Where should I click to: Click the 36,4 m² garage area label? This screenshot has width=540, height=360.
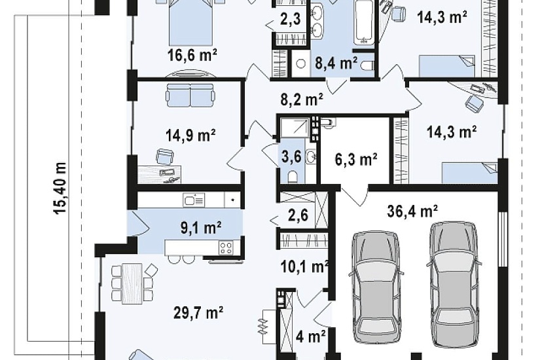point(412,211)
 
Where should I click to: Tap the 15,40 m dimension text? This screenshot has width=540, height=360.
point(60,188)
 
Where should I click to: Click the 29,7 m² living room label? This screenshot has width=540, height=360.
point(198,313)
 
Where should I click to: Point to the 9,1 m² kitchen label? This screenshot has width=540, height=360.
point(201,227)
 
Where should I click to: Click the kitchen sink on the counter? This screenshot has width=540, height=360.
point(194,200)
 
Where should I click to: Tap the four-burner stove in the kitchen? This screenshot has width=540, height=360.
point(226,247)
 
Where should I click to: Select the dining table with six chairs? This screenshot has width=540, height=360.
point(132,283)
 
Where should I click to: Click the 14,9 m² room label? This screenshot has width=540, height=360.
point(190,135)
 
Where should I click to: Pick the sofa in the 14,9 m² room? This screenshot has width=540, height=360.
point(190,95)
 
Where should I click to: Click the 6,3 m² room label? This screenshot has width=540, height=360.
point(356,159)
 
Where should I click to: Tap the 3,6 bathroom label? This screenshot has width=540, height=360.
point(291,156)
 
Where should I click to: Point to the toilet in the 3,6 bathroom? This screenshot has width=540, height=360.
point(293,176)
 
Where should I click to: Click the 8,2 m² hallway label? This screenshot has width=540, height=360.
point(302,99)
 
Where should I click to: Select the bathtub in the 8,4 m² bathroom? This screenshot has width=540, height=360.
point(364,22)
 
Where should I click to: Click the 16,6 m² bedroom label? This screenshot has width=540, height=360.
point(192,54)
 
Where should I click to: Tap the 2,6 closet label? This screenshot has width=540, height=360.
point(298,215)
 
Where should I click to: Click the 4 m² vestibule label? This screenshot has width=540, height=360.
point(310,336)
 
